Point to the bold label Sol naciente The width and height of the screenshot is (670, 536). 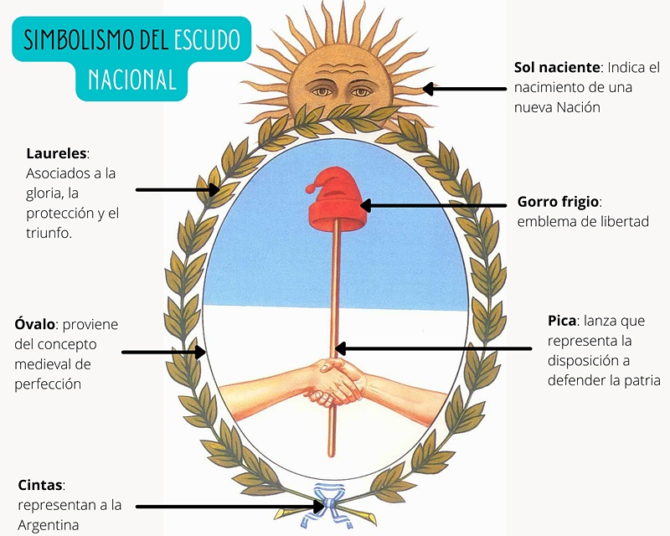tap(559, 66)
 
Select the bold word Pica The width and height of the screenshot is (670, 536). tap(562, 322)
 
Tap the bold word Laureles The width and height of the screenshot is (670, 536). tap(57, 154)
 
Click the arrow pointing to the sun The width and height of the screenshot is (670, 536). tap(465, 89)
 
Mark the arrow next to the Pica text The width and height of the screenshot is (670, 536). tap(431, 348)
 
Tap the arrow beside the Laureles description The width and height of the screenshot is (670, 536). tap(177, 190)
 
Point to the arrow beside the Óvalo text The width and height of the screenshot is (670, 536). tap(163, 352)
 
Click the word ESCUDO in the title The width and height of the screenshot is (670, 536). tap(207, 39)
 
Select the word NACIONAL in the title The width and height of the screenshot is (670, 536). tap(132, 80)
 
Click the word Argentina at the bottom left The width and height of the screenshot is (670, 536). tap(49, 525)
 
